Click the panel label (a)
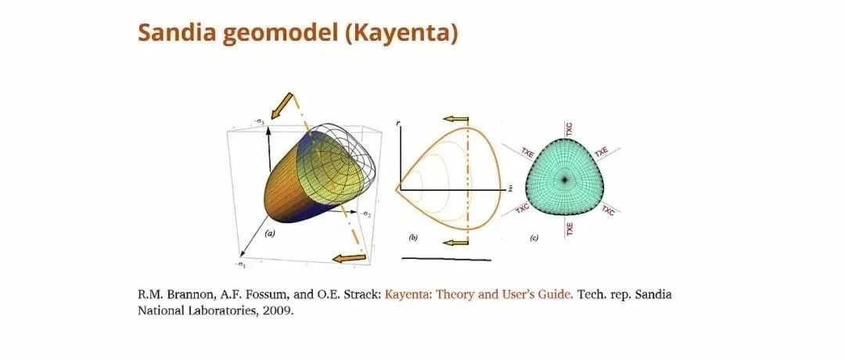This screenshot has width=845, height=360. [270, 234]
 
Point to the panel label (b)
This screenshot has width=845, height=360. [413, 237]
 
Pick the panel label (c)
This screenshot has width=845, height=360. [534, 238]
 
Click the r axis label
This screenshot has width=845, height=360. [397, 124]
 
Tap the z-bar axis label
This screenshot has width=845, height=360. [509, 189]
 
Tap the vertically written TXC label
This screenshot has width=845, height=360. [569, 129]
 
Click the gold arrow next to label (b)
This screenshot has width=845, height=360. [455, 243]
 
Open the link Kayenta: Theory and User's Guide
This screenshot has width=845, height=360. [479, 295]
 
